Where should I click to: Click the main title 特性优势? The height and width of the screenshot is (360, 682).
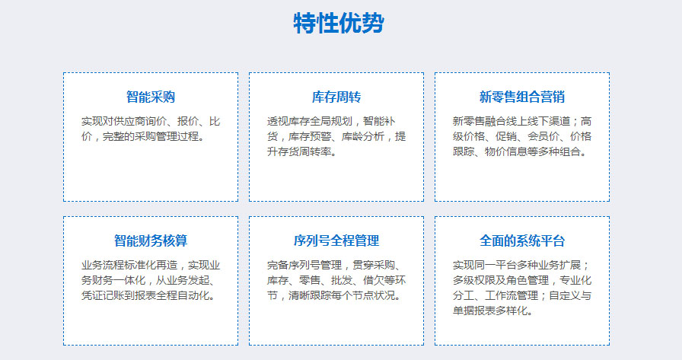[339, 23]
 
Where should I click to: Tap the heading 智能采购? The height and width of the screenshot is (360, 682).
[151, 97]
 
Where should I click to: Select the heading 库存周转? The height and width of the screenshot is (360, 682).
[336, 97]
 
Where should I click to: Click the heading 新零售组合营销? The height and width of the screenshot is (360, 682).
[522, 97]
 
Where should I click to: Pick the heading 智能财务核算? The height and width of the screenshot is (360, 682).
[151, 241]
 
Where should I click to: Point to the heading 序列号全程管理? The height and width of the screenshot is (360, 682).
[336, 241]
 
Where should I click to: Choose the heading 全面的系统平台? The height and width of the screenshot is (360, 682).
[522, 241]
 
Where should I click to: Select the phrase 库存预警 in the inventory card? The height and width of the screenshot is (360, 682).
[309, 136]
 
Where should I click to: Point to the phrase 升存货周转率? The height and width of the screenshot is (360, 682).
[299, 151]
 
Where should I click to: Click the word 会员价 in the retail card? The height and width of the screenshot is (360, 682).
[543, 136]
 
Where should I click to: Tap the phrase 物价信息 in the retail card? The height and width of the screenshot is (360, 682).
[506, 151]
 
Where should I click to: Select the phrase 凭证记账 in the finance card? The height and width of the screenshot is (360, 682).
[103, 295]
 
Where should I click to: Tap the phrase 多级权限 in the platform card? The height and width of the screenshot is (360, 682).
[474, 280]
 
